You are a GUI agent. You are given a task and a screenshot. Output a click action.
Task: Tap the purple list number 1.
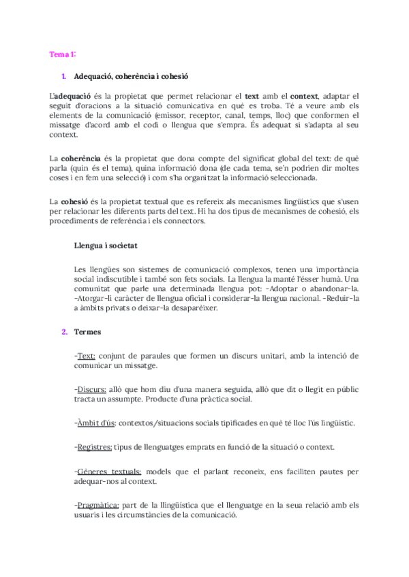[64, 77]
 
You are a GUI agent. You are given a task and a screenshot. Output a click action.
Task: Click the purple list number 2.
[64, 331]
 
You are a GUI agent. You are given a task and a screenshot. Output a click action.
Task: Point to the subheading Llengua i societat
[107, 244]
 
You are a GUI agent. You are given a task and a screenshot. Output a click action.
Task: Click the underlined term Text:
[85, 356]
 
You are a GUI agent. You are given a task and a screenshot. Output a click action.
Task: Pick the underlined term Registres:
[93, 447]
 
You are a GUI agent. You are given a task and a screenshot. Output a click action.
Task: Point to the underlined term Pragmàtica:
[97, 505]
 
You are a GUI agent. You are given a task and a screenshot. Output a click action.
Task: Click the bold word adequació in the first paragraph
[72, 97]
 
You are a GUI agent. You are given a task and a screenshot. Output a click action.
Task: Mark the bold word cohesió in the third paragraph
[74, 202]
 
